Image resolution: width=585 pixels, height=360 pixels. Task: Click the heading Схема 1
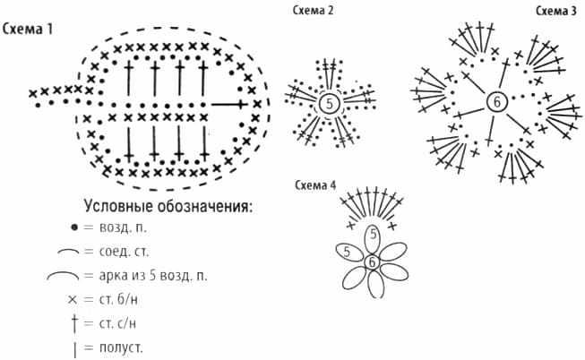28,29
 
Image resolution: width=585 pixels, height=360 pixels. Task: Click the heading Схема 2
313,10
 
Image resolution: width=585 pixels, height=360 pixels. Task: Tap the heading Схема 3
556,11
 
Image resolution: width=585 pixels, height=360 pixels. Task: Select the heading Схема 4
315,184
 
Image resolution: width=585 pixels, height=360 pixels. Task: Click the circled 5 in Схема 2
329,103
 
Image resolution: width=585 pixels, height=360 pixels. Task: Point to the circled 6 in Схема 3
496,102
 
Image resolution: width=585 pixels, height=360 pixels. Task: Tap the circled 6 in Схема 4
372,262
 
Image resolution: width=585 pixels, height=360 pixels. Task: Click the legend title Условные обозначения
168,206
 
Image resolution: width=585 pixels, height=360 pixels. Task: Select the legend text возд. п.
123,227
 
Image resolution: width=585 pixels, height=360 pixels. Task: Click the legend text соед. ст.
124,252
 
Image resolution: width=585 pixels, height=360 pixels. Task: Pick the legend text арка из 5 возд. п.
153,276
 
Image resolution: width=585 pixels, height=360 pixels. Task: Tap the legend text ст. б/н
118,299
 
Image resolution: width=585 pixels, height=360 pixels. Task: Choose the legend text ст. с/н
117,323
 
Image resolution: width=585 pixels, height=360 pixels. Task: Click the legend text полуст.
121,347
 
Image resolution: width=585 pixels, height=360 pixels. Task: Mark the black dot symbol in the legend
74,227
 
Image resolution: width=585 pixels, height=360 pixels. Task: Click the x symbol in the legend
73,299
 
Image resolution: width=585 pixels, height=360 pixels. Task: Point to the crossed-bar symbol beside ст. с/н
74,323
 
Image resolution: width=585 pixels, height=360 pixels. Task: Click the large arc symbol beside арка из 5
63,275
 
